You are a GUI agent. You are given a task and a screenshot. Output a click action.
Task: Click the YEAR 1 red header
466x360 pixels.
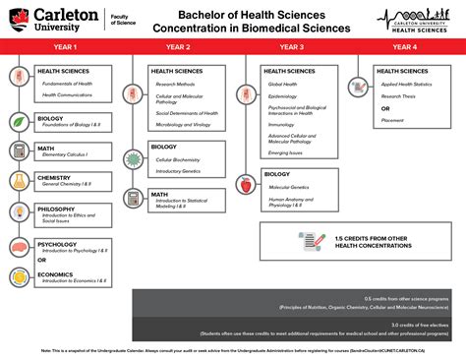coord(67,46)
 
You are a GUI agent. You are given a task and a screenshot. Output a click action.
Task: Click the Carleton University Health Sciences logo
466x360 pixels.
coord(418,19)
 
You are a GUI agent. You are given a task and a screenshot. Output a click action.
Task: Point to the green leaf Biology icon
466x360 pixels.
coord(19,121)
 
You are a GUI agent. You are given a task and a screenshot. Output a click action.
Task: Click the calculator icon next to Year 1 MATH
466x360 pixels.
coord(19,150)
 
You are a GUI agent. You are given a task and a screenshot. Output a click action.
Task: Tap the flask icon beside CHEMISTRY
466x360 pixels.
coord(19,180)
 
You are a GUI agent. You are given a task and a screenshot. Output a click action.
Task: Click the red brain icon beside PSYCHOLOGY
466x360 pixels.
coord(19,247)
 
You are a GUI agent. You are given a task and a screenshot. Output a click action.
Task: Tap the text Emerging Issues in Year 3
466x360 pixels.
coord(286,152)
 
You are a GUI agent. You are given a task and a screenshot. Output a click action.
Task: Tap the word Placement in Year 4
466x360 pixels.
coord(392,120)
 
